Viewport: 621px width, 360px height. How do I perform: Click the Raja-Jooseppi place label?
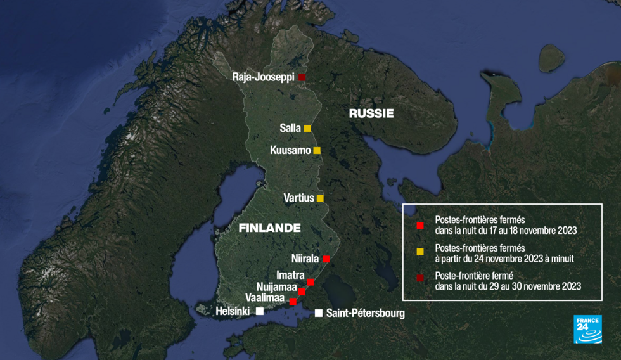pyautogui.click(x=262, y=77)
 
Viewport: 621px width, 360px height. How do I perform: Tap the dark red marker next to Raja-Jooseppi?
pyautogui.click(x=302, y=77)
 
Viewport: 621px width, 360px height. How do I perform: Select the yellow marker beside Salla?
pyautogui.click(x=307, y=128)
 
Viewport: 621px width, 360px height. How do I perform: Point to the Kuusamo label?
pyautogui.click(x=290, y=151)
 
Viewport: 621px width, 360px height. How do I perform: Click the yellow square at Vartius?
pyautogui.click(x=320, y=198)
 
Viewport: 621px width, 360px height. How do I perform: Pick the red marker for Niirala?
pyautogui.click(x=326, y=259)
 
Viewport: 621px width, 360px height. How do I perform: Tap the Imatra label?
pyautogui.click(x=290, y=275)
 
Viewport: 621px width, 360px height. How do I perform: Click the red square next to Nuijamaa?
pyautogui.click(x=302, y=292)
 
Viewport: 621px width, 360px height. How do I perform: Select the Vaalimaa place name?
pyautogui.click(x=265, y=297)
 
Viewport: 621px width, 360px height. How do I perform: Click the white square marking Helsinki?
pyautogui.click(x=260, y=311)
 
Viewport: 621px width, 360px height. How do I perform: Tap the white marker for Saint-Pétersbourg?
pyautogui.click(x=318, y=313)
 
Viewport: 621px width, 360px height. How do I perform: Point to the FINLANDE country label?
pyautogui.click(x=269, y=228)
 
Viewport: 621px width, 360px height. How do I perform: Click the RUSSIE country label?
pyautogui.click(x=371, y=113)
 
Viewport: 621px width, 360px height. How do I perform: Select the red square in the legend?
pyautogui.click(x=419, y=225)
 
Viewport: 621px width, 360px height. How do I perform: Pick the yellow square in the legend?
pyautogui.click(x=419, y=252)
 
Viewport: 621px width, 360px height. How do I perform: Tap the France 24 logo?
pyautogui.click(x=587, y=329)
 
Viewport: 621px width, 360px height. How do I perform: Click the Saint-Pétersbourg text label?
pyautogui.click(x=365, y=313)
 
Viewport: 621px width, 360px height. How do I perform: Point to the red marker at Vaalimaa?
pyautogui.click(x=293, y=302)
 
